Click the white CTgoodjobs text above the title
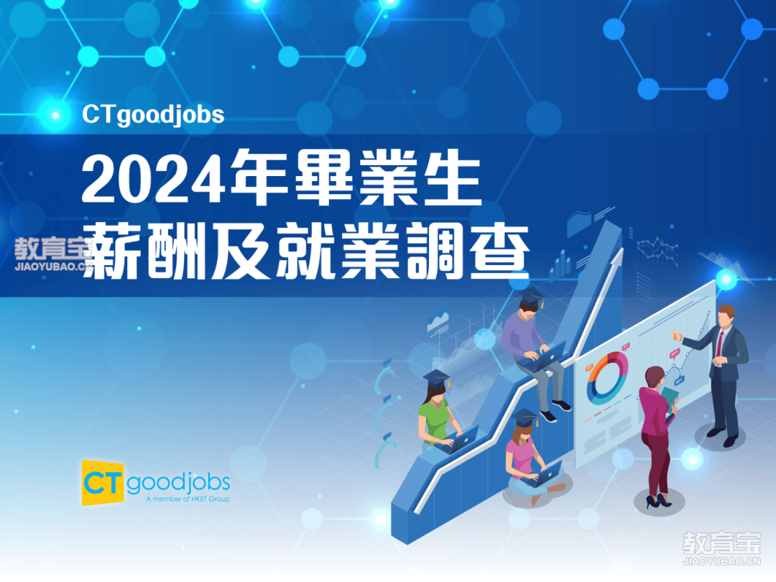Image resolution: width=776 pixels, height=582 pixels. (153, 115)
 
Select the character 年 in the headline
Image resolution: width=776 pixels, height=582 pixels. (259, 177)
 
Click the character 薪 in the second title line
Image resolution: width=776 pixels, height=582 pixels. (113, 251)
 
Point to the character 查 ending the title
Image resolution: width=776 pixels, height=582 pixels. (499, 251)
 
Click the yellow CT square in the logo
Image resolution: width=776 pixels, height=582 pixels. (103, 483)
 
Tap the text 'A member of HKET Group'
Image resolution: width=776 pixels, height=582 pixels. (188, 499)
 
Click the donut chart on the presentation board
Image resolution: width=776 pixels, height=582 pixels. (606, 377)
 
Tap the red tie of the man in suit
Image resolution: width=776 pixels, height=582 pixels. (720, 343)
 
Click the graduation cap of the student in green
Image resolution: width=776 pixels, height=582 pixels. (437, 379)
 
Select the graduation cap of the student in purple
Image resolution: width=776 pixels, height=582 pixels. (532, 296)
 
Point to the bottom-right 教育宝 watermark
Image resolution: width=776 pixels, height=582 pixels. (721, 548)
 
